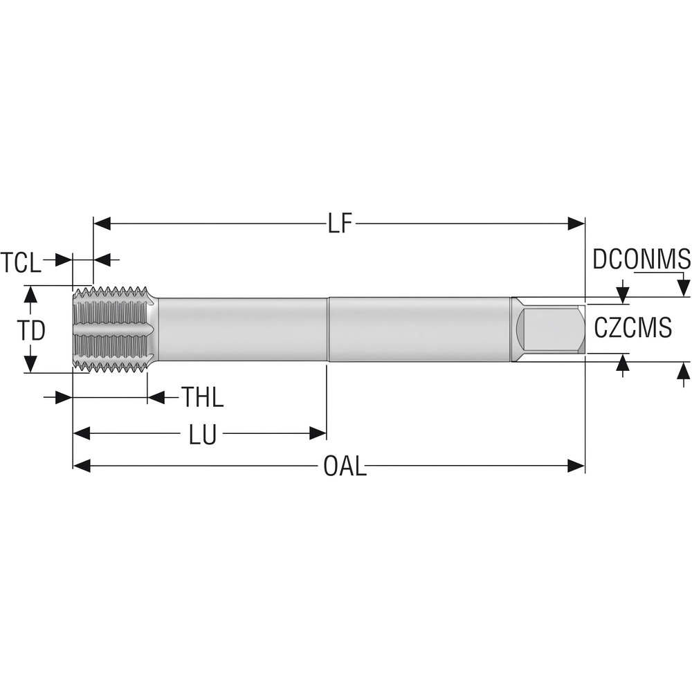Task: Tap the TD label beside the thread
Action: click(31, 331)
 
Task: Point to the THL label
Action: click(203, 398)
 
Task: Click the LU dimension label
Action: click(203, 435)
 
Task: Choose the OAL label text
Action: click(345, 466)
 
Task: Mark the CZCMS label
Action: click(633, 327)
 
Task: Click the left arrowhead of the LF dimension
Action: click(102, 224)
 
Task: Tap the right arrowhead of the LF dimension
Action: click(576, 224)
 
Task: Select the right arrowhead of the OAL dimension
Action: click(576, 466)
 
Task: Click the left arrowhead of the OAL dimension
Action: click(82, 466)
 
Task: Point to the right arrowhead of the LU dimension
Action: click(318, 434)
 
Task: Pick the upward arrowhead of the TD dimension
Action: click(30, 295)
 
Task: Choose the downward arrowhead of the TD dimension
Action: click(30, 364)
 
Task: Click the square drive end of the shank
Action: click(552, 330)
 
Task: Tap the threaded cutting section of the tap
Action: click(113, 330)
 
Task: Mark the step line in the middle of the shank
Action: click(328, 330)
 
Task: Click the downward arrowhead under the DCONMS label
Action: click(684, 286)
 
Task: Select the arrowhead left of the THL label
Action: click(64, 398)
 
